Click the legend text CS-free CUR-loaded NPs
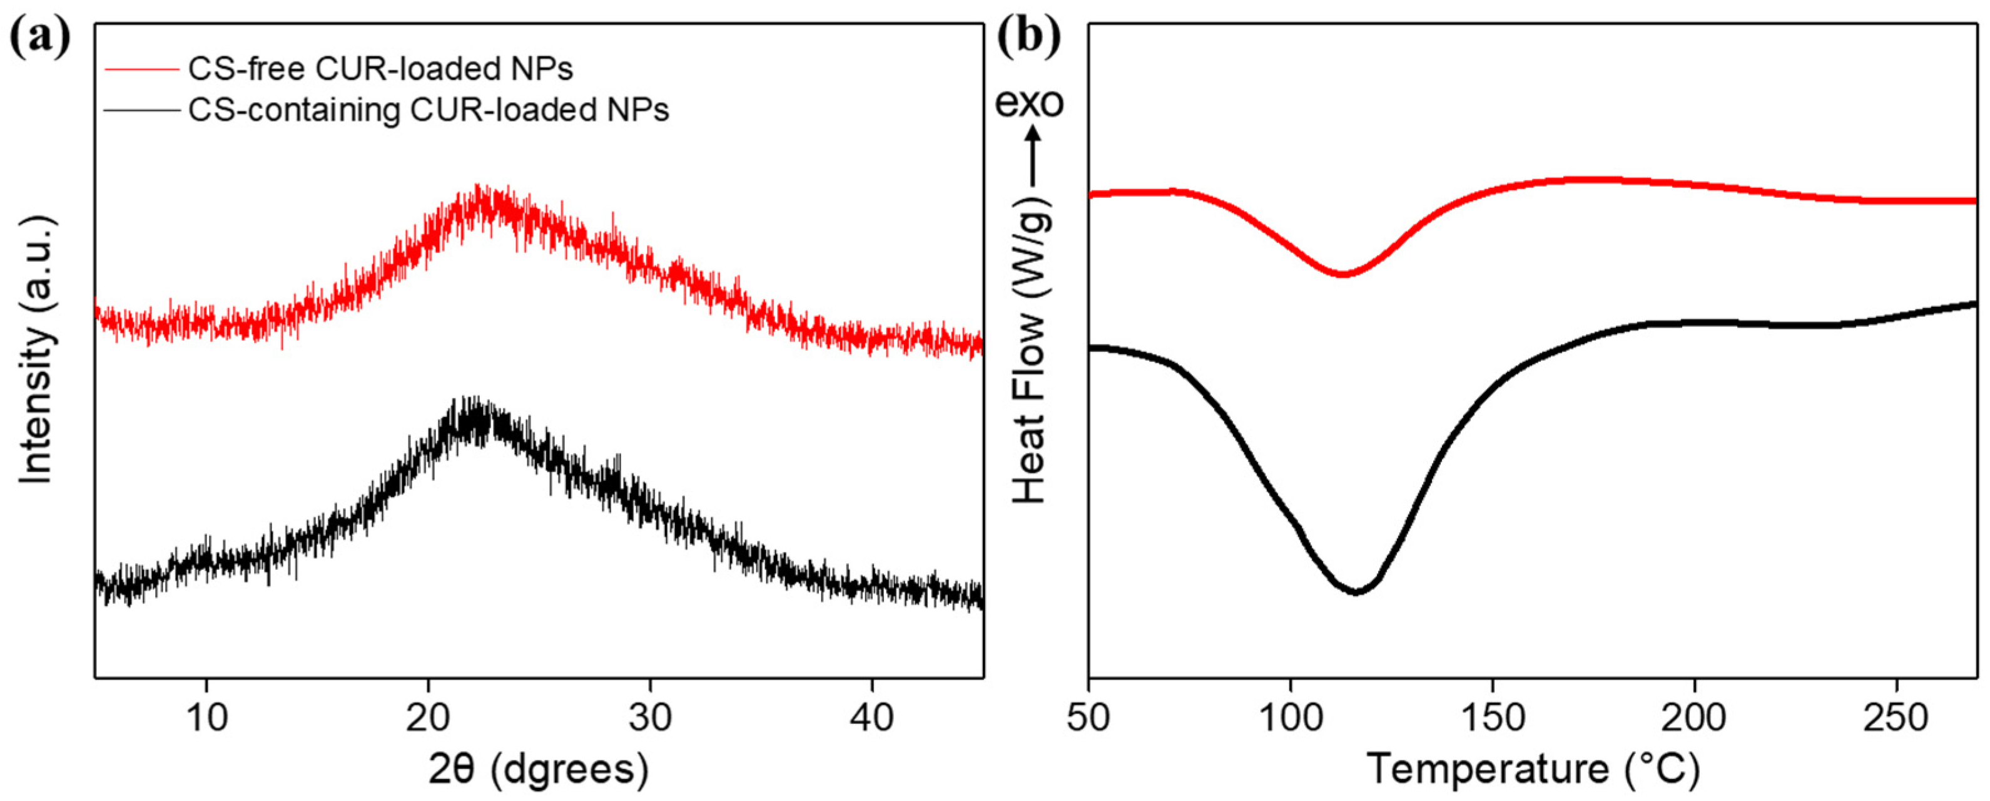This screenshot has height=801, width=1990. click(381, 70)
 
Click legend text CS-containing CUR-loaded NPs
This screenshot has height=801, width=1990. click(429, 111)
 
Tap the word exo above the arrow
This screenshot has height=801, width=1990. click(1029, 103)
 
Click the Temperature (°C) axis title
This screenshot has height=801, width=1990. click(1533, 769)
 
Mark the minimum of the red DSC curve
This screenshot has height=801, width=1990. click(1343, 274)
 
